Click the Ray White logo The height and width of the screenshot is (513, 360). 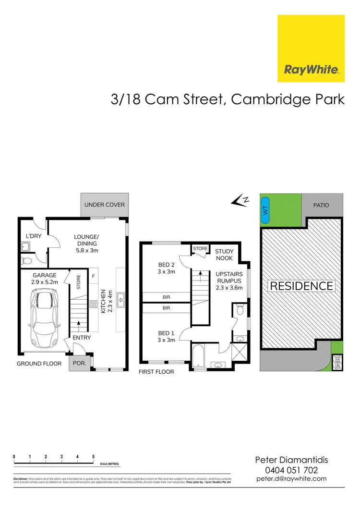(x=311, y=49)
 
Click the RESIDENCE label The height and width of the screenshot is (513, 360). (x=301, y=286)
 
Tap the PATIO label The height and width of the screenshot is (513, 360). (x=321, y=205)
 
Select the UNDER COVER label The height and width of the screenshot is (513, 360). (x=104, y=205)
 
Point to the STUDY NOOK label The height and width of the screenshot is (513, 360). (x=224, y=255)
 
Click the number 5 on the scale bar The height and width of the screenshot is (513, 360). (x=93, y=456)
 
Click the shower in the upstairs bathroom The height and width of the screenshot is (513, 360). (x=238, y=354)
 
